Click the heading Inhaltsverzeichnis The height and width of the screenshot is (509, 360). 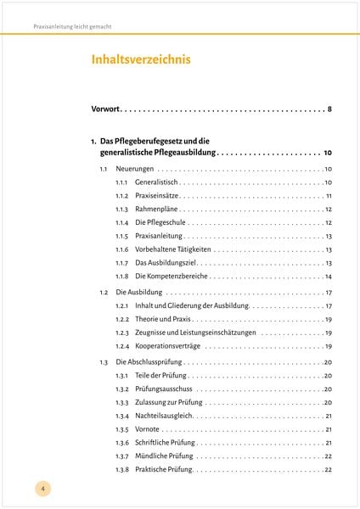pyautogui.click(x=141, y=59)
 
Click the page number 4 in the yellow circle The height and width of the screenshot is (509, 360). pyautogui.click(x=42, y=488)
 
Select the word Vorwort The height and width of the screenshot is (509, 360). pyautogui.click(x=106, y=109)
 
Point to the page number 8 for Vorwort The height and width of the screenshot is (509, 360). pyautogui.click(x=328, y=109)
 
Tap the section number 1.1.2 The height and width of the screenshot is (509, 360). pyautogui.click(x=121, y=196)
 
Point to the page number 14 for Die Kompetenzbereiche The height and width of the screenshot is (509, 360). pyautogui.click(x=328, y=277)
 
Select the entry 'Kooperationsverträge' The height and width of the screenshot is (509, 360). pyautogui.click(x=167, y=346)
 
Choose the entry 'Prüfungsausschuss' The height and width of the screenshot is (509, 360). pyautogui.click(x=162, y=389)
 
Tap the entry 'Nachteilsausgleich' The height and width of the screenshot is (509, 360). pyautogui.click(x=163, y=416)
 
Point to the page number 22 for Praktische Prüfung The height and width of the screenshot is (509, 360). pyautogui.click(x=328, y=470)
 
